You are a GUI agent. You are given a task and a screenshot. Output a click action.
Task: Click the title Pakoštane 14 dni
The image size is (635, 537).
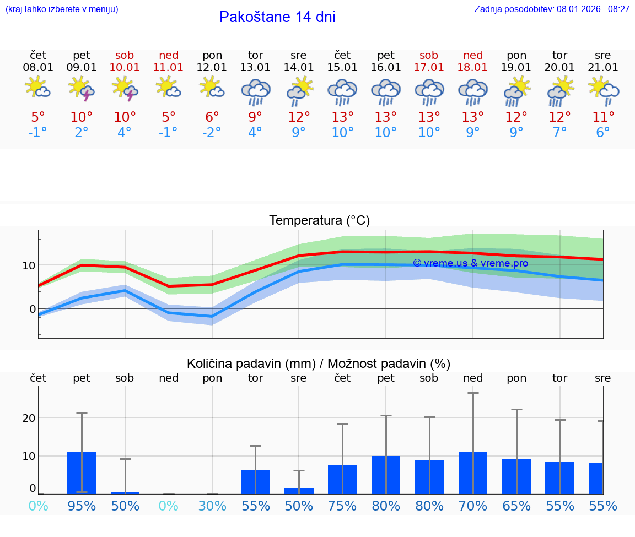(277, 17)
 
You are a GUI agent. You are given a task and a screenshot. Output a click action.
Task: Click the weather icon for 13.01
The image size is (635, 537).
(255, 91)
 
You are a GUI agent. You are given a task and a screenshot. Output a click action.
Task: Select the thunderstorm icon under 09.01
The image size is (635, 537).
(82, 89)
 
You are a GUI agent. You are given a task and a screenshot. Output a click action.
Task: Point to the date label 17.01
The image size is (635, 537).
(429, 67)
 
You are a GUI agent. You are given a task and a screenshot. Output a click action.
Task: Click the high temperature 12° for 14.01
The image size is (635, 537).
(299, 117)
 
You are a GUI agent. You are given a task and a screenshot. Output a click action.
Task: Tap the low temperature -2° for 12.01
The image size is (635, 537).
(212, 132)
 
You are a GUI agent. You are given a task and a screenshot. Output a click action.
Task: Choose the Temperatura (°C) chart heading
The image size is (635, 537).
(319, 220)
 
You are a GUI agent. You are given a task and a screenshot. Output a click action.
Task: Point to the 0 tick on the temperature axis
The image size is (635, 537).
(32, 309)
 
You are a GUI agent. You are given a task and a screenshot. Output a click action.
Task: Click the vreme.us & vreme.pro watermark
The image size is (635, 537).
(470, 263)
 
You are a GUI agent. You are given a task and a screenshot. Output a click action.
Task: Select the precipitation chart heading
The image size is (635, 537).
(319, 364)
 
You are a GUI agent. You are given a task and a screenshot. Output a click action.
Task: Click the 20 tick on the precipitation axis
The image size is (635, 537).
(29, 418)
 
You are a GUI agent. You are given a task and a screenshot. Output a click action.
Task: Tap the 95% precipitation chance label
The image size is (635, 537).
(82, 506)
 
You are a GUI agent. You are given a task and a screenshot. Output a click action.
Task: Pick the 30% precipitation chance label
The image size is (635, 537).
(212, 506)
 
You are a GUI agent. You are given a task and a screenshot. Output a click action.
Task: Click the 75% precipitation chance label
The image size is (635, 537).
(342, 506)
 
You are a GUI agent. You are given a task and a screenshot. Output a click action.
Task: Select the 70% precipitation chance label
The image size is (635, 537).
(472, 506)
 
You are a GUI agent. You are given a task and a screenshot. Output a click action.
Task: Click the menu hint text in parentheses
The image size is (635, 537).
(62, 9)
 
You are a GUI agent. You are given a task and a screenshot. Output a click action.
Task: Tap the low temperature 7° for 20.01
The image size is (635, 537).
(559, 132)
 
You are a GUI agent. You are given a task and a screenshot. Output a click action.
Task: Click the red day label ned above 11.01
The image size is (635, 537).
(169, 55)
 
